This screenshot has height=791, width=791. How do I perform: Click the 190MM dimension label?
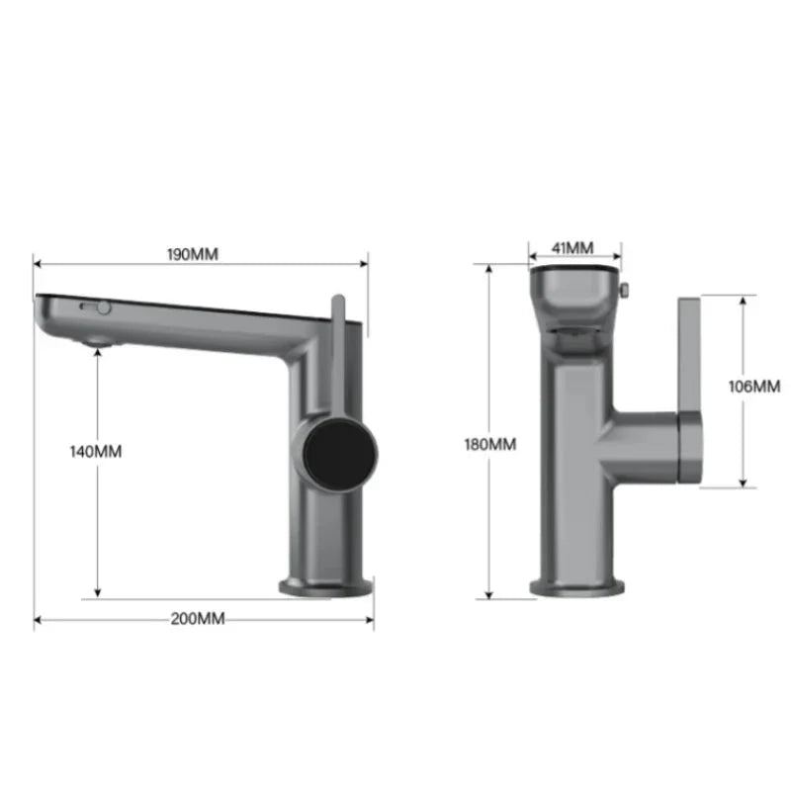pyautogui.click(x=193, y=254)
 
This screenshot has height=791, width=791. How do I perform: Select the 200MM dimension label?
pyautogui.click(x=198, y=619)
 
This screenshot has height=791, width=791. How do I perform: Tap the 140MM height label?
pyautogui.click(x=97, y=451)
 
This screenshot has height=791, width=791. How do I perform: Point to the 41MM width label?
pyautogui.click(x=573, y=247)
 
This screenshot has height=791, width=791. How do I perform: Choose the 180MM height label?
pyautogui.click(x=489, y=444)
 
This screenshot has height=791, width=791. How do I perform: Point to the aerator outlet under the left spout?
pyautogui.click(x=97, y=341)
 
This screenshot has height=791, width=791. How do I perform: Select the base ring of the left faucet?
pyautogui.click(x=327, y=585)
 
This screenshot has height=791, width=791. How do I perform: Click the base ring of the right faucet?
pyautogui.click(x=575, y=585)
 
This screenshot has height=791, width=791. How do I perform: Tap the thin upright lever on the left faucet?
pyautogui.click(x=336, y=346)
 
